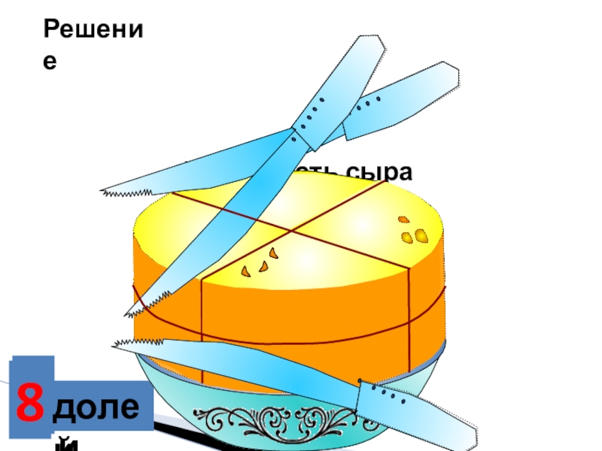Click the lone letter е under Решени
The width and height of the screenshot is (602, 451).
(50, 63)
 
